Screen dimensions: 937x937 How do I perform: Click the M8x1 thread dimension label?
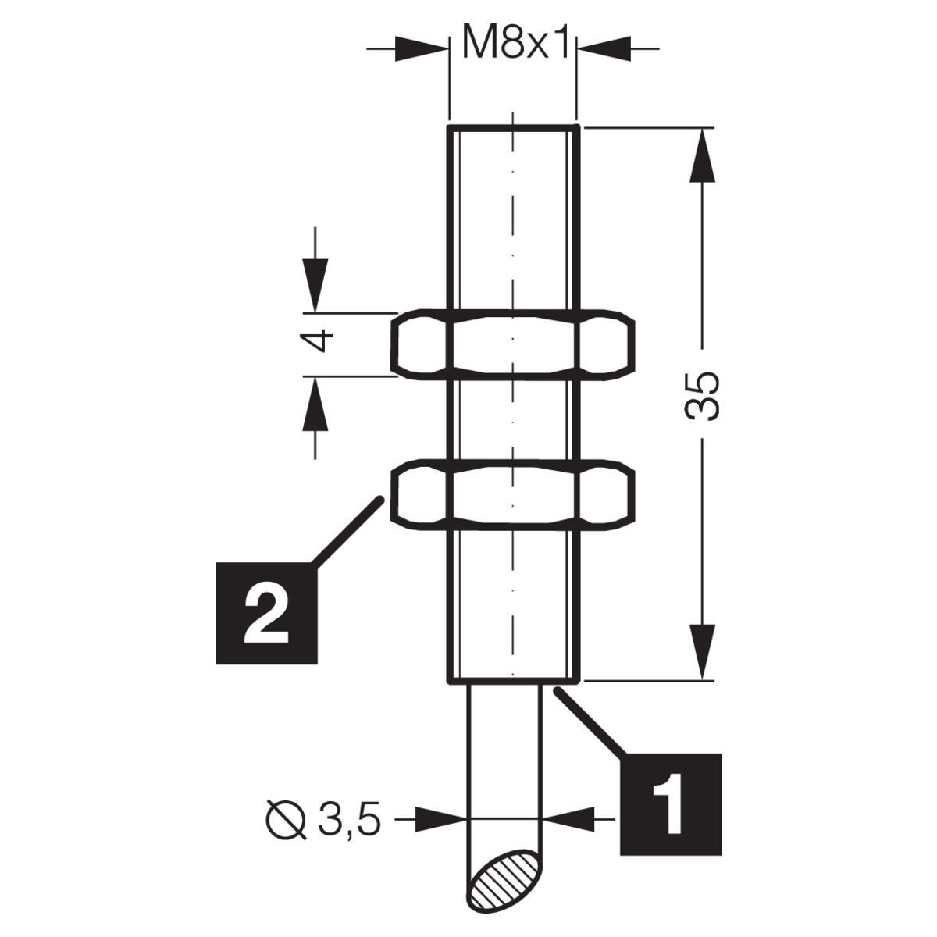pos(515,43)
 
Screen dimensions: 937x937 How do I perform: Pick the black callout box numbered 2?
pos(266,614)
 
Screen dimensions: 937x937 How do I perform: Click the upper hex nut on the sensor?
pos(513,344)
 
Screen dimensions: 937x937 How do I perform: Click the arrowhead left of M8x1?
pos(422,48)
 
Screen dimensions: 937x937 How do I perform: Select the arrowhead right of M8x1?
pos(604,48)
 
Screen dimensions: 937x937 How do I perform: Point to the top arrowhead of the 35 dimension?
pos(703,155)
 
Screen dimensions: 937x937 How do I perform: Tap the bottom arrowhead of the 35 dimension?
pos(703,652)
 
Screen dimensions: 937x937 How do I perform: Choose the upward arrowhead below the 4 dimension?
pos(315,404)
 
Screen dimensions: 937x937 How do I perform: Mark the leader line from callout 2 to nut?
pos(347,531)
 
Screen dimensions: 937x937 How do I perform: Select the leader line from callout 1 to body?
pos(590,723)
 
